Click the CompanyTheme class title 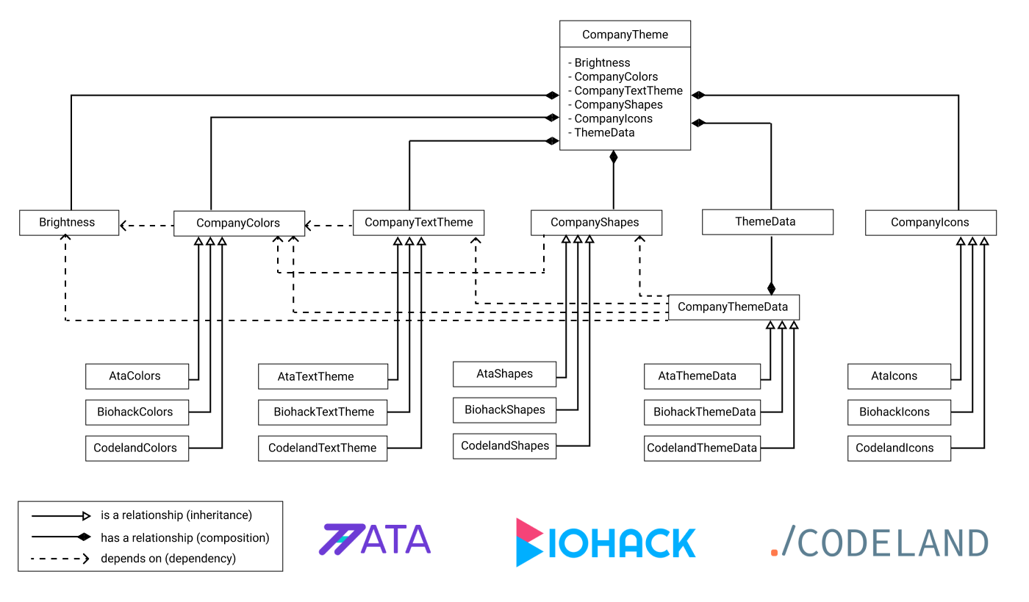pyautogui.click(x=625, y=35)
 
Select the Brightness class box pyautogui.click(x=68, y=223)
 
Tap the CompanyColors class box pyautogui.click(x=238, y=223)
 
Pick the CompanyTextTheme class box pyautogui.click(x=418, y=223)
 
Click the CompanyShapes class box pyautogui.click(x=595, y=223)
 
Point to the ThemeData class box pyautogui.click(x=767, y=222)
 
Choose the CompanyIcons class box pyautogui.click(x=930, y=223)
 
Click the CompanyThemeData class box pyautogui.click(x=733, y=307)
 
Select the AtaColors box pyautogui.click(x=136, y=376)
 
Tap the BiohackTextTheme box pyautogui.click(x=323, y=412)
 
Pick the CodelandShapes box pyautogui.click(x=505, y=446)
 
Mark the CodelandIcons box pyautogui.click(x=898, y=448)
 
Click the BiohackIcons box pyautogui.click(x=898, y=412)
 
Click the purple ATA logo pyautogui.click(x=375, y=539)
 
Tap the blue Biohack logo pyautogui.click(x=606, y=542)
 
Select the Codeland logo pyautogui.click(x=879, y=543)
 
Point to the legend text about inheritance pyautogui.click(x=176, y=515)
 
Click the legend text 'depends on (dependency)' pyautogui.click(x=168, y=559)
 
